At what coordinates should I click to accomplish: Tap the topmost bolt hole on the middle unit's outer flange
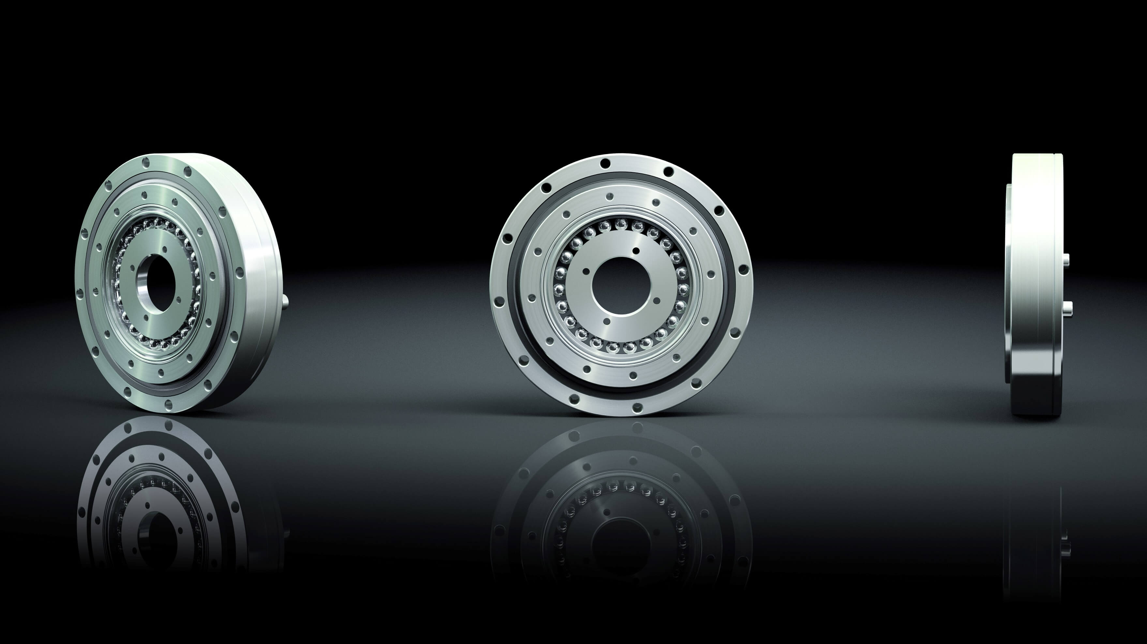point(605,164)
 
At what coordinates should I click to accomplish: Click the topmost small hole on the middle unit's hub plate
point(636,251)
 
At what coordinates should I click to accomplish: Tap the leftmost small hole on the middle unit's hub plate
point(583,270)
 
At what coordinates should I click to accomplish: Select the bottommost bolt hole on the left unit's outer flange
point(168,405)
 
